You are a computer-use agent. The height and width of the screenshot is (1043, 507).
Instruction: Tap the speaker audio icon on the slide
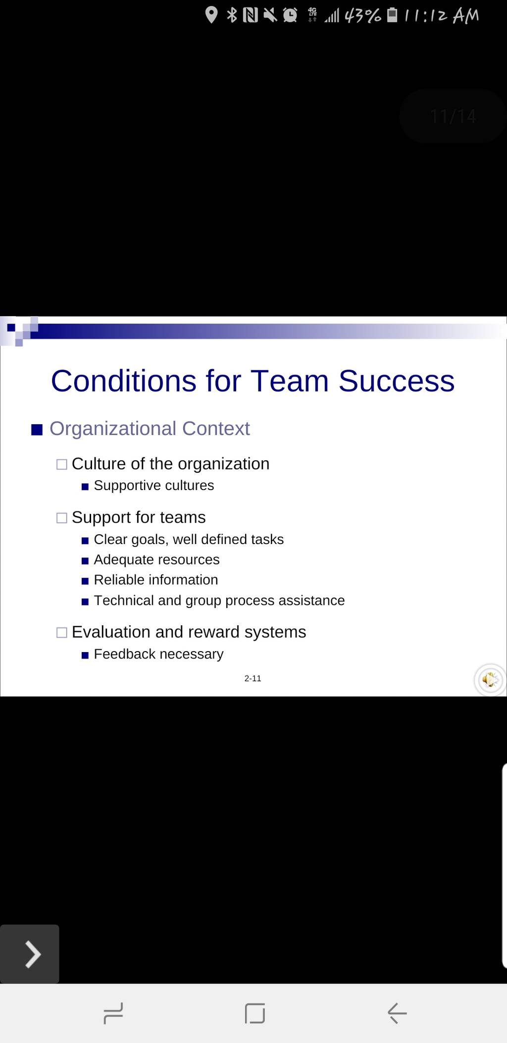coord(490,680)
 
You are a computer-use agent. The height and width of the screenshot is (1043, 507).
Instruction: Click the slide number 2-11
coord(253,678)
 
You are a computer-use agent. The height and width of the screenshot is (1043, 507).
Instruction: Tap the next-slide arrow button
coord(30,954)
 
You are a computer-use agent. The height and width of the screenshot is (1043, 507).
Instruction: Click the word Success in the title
coord(397,381)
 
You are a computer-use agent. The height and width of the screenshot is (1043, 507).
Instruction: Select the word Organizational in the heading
coord(113,429)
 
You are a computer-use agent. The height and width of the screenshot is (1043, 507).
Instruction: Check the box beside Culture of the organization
coord(62,465)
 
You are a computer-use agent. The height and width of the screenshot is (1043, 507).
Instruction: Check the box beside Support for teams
coord(62,518)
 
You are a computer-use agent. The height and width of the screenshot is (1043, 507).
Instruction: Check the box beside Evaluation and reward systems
coord(62,633)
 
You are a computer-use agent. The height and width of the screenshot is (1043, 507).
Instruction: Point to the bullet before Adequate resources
coord(85,561)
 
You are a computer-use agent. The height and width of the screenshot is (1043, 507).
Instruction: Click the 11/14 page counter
coord(453,116)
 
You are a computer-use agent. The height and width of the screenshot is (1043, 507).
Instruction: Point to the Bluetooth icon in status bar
coord(231,15)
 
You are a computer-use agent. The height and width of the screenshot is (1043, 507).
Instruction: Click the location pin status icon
coord(211,15)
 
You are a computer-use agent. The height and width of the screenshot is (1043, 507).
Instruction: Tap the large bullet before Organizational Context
coord(37,429)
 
